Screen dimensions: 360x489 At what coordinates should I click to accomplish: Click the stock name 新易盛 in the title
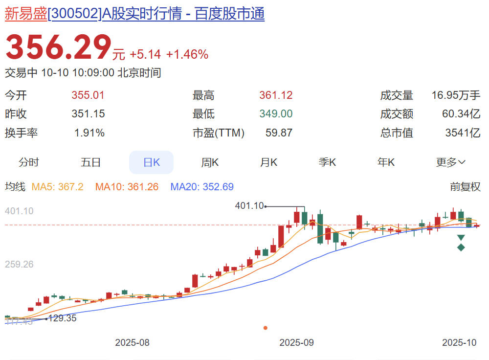26,14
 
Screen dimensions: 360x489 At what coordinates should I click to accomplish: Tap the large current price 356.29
58,48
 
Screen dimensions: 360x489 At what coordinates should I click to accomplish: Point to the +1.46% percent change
187,54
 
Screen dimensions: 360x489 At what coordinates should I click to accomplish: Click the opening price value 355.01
88,95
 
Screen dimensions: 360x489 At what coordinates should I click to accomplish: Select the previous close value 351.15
88,114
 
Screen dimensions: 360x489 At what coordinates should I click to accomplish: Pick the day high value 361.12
276,95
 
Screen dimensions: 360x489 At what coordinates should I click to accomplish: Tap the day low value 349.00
276,114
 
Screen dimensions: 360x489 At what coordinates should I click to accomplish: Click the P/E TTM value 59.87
279,133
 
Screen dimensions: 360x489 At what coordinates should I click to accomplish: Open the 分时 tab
28,162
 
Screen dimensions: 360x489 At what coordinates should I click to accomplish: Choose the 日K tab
151,162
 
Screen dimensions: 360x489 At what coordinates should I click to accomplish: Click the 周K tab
210,162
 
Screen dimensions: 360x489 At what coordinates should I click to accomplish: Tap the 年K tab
386,162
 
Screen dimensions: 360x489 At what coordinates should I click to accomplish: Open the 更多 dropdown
450,162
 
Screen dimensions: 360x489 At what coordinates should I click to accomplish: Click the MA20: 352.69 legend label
202,187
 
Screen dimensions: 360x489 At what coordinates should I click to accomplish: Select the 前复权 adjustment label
465,187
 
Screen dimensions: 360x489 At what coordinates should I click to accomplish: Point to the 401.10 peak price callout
249,206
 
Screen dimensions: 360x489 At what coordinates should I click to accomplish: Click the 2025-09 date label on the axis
296,342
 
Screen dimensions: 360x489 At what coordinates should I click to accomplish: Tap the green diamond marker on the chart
461,247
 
